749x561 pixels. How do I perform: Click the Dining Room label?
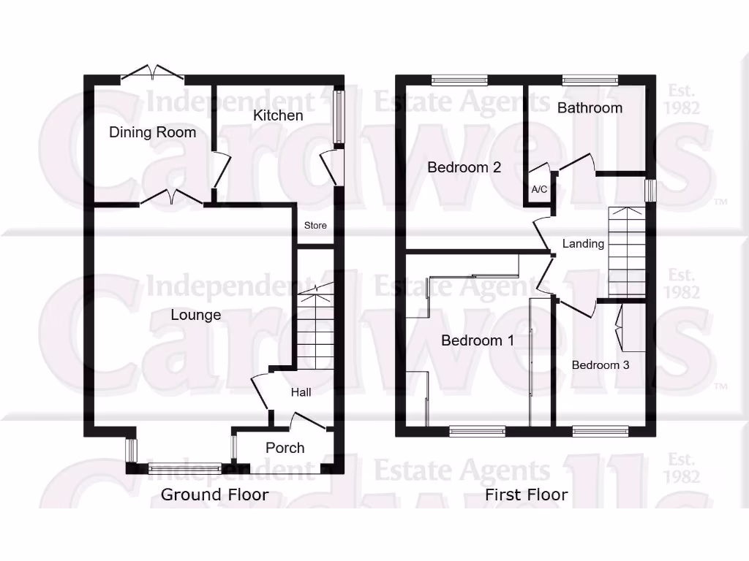pyautogui.click(x=152, y=132)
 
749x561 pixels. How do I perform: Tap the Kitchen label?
pyautogui.click(x=278, y=115)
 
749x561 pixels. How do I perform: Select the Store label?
pyautogui.click(x=315, y=226)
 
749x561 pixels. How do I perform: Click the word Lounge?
pyautogui.click(x=195, y=315)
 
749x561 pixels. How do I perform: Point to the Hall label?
pyautogui.click(x=301, y=392)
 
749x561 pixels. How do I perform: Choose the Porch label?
pyautogui.click(x=285, y=448)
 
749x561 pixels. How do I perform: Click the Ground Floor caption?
pyautogui.click(x=214, y=495)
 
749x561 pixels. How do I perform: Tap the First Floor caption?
pyautogui.click(x=526, y=495)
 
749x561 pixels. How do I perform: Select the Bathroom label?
pyautogui.click(x=590, y=108)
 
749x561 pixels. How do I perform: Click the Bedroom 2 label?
pyautogui.click(x=464, y=167)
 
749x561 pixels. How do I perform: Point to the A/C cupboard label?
pyautogui.click(x=539, y=190)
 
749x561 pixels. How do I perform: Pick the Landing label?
pyautogui.click(x=583, y=243)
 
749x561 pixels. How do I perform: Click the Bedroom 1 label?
pyautogui.click(x=477, y=340)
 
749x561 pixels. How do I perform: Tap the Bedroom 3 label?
pyautogui.click(x=600, y=365)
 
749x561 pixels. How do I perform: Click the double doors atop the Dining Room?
pyautogui.click(x=152, y=72)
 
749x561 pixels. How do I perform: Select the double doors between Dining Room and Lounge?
pyautogui.click(x=171, y=197)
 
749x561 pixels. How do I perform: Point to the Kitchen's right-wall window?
pyautogui.click(x=339, y=117)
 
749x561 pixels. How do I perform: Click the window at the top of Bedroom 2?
pyautogui.click(x=459, y=80)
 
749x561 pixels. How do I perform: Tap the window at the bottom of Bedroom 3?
pyautogui.click(x=600, y=431)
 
